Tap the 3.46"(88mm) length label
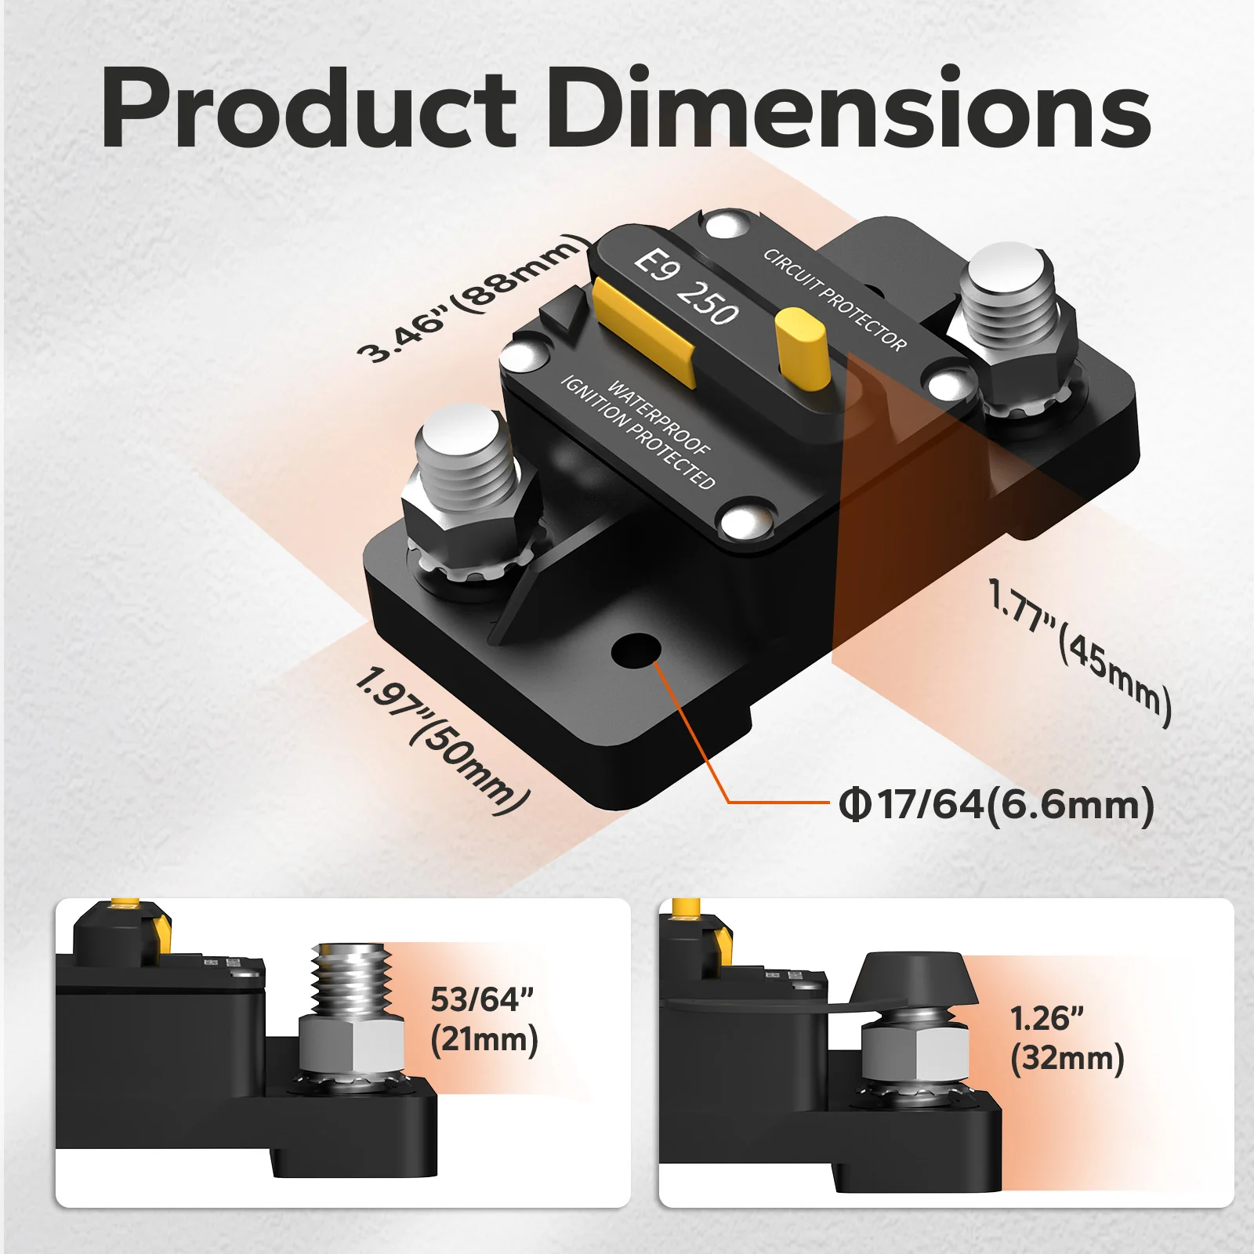[473, 298]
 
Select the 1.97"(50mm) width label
[443, 741]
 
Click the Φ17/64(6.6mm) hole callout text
[996, 805]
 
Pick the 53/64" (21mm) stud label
[484, 1019]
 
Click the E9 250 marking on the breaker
[686, 286]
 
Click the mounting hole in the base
[635, 651]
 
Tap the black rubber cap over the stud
[913, 980]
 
